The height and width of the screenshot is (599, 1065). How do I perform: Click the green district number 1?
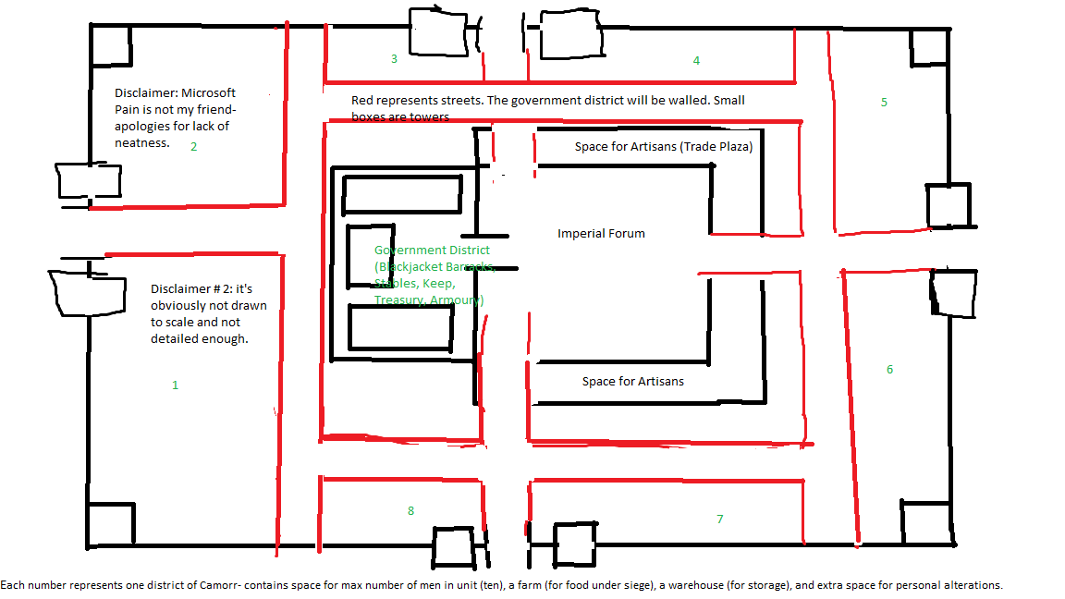tap(175, 385)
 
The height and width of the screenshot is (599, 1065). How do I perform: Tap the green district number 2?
tap(193, 146)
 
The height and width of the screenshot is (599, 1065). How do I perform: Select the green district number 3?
tap(394, 59)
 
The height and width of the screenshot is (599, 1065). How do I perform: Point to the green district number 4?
tap(696, 61)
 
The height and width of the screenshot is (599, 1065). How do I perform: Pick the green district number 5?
tap(884, 102)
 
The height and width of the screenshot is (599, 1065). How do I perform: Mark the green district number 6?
tap(889, 370)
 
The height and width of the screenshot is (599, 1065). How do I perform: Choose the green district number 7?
tap(719, 520)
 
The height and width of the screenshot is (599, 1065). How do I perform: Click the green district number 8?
tap(410, 511)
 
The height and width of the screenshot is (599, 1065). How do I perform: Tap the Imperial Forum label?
tap(601, 234)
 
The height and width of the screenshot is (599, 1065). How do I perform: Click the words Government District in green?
tap(432, 251)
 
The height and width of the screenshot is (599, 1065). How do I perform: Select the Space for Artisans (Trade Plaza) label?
tap(663, 147)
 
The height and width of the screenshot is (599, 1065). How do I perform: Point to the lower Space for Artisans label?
tap(632, 382)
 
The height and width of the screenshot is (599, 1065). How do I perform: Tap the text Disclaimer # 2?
tap(191, 289)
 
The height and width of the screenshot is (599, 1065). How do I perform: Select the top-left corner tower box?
tap(112, 45)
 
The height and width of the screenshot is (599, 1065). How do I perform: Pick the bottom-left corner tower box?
tap(111, 524)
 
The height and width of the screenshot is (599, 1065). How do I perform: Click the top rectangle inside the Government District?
tap(401, 195)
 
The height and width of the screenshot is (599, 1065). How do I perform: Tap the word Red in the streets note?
tap(362, 101)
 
